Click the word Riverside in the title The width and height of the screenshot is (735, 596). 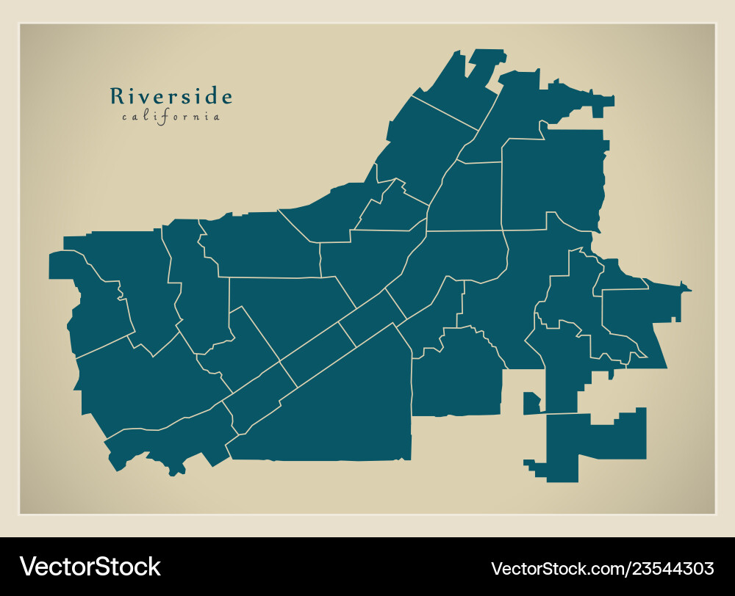(x=171, y=97)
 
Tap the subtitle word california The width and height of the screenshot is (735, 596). (x=171, y=117)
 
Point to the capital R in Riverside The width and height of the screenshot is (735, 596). (x=116, y=97)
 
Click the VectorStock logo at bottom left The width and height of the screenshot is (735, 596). (x=90, y=567)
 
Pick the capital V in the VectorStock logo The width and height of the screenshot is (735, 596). (x=28, y=567)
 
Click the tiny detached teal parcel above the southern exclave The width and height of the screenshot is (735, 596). (x=531, y=403)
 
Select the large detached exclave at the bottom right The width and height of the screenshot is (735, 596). (x=595, y=443)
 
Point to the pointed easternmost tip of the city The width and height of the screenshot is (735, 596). (x=689, y=291)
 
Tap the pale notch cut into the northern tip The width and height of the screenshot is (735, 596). (x=476, y=70)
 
